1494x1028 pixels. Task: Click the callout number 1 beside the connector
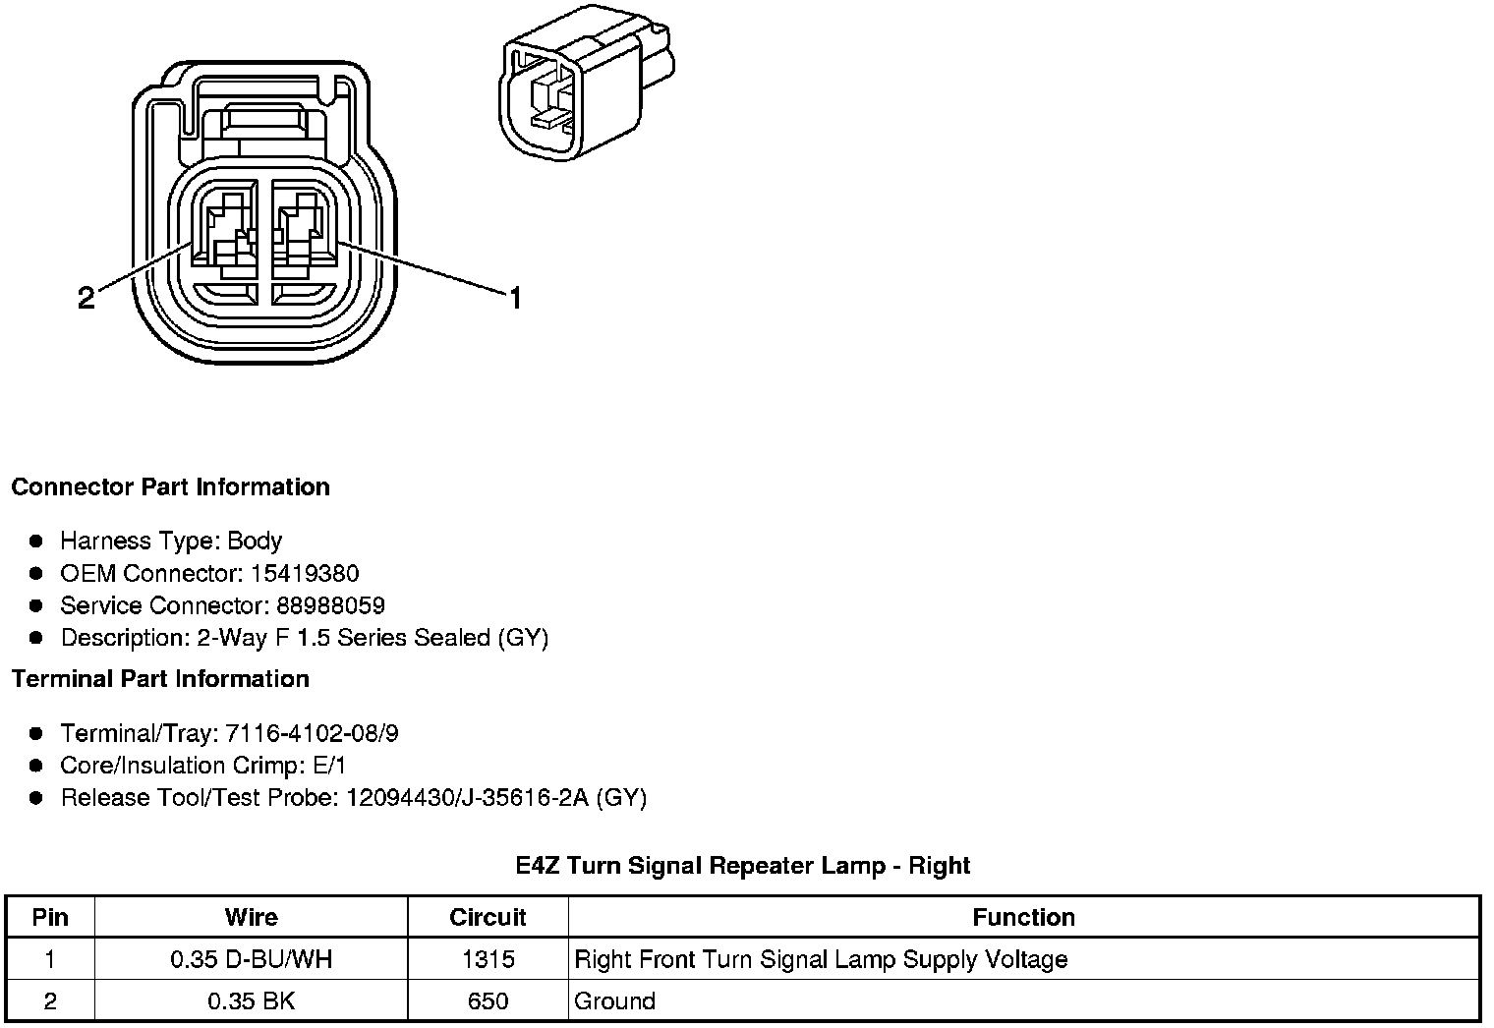(513, 297)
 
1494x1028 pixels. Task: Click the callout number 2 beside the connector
(86, 298)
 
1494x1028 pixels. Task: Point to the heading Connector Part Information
(170, 487)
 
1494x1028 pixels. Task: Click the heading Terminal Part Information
(160, 679)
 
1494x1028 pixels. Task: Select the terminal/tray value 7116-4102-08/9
(312, 733)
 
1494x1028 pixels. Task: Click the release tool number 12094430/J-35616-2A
(467, 797)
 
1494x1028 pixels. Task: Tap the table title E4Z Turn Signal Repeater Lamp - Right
(742, 866)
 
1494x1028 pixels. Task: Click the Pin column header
(50, 918)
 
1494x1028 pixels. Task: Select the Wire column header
(251, 918)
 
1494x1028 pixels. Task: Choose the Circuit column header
(488, 918)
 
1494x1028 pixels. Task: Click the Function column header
(1023, 918)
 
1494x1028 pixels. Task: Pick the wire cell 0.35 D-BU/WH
(251, 960)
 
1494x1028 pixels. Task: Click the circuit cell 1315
(488, 960)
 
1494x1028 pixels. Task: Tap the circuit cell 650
(488, 1001)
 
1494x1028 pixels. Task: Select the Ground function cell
(614, 1001)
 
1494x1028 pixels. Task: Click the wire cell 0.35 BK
(251, 1001)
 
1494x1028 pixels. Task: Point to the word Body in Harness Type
(255, 542)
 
